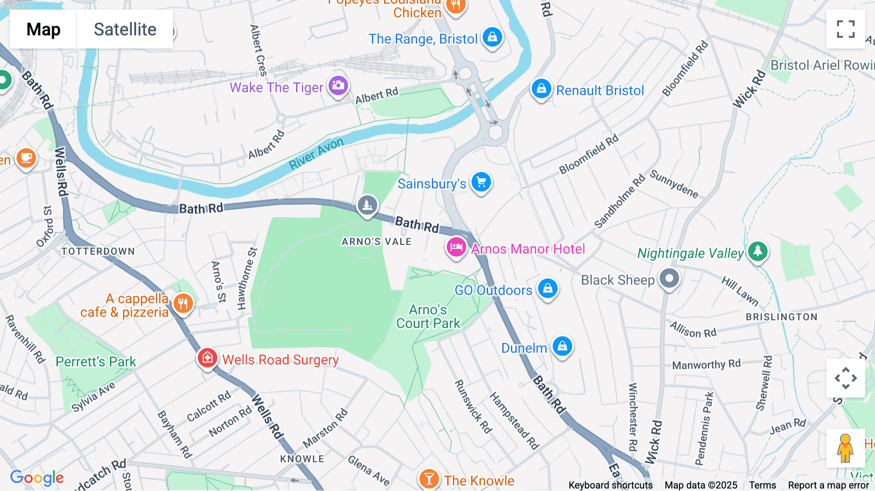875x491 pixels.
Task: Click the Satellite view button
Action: [125, 29]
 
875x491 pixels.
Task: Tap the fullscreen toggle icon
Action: [845, 29]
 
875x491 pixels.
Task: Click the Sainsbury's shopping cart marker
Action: [481, 182]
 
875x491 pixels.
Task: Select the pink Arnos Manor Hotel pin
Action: [456, 247]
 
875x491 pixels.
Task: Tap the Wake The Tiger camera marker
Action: [338, 86]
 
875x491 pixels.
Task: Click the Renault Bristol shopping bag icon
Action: [541, 89]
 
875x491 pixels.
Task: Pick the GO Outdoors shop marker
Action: [548, 288]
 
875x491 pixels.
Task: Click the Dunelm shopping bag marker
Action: [562, 346]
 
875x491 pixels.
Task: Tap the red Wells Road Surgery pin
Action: [207, 358]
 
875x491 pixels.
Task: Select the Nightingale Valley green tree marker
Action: [757, 251]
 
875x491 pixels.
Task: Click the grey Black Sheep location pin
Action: [669, 279]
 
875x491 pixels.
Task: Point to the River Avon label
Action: [316, 154]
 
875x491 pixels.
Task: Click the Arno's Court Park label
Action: [428, 316]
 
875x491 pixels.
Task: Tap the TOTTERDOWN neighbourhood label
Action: [98, 251]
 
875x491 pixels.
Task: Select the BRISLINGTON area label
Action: [781, 317]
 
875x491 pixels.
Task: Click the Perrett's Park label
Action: [96, 362]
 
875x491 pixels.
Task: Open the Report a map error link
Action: [828, 485]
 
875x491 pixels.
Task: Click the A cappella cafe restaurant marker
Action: [183, 304]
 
